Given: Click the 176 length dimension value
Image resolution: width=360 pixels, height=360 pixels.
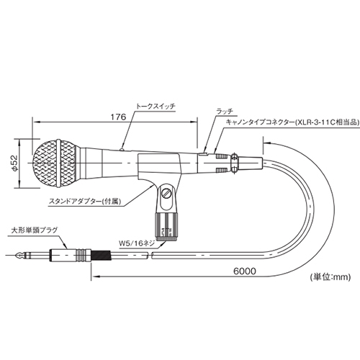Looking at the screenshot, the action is (118, 117).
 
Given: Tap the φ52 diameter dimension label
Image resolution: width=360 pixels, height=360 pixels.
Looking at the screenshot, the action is (14, 163).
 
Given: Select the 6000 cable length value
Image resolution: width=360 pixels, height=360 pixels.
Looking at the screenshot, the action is (245, 271).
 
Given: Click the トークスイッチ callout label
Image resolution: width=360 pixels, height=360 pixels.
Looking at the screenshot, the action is (156, 107).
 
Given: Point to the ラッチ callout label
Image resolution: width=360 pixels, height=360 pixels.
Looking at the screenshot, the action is (225, 111).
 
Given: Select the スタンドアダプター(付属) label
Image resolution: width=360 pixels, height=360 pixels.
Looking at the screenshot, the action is (84, 202).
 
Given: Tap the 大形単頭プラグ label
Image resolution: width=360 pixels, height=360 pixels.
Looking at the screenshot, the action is (35, 230).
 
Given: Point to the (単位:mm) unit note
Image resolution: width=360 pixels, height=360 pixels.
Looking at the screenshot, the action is (330, 277).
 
